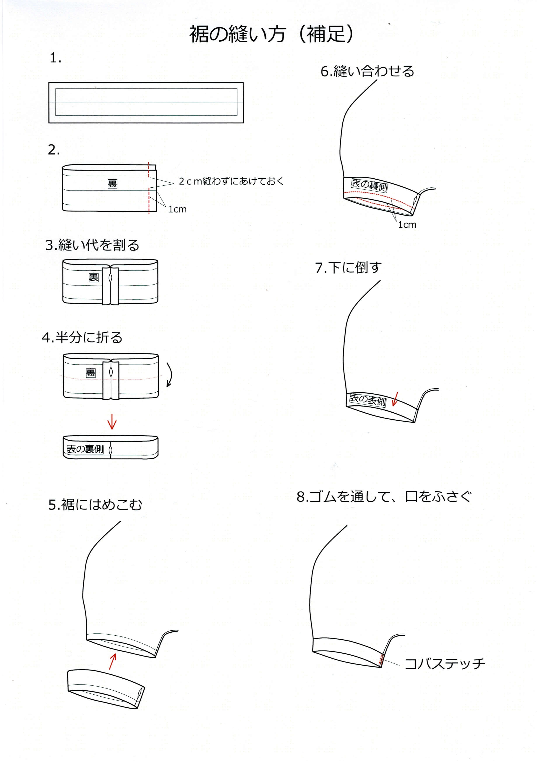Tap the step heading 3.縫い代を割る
(92, 245)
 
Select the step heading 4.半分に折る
(82, 337)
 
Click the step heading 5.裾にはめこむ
(95, 505)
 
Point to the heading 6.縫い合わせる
(367, 71)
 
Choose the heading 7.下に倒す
(348, 268)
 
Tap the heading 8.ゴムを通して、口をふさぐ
(384, 496)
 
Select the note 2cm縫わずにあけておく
(231, 181)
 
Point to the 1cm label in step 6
(407, 225)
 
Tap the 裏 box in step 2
(112, 184)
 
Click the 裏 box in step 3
(94, 277)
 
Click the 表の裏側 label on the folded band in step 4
(85, 449)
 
